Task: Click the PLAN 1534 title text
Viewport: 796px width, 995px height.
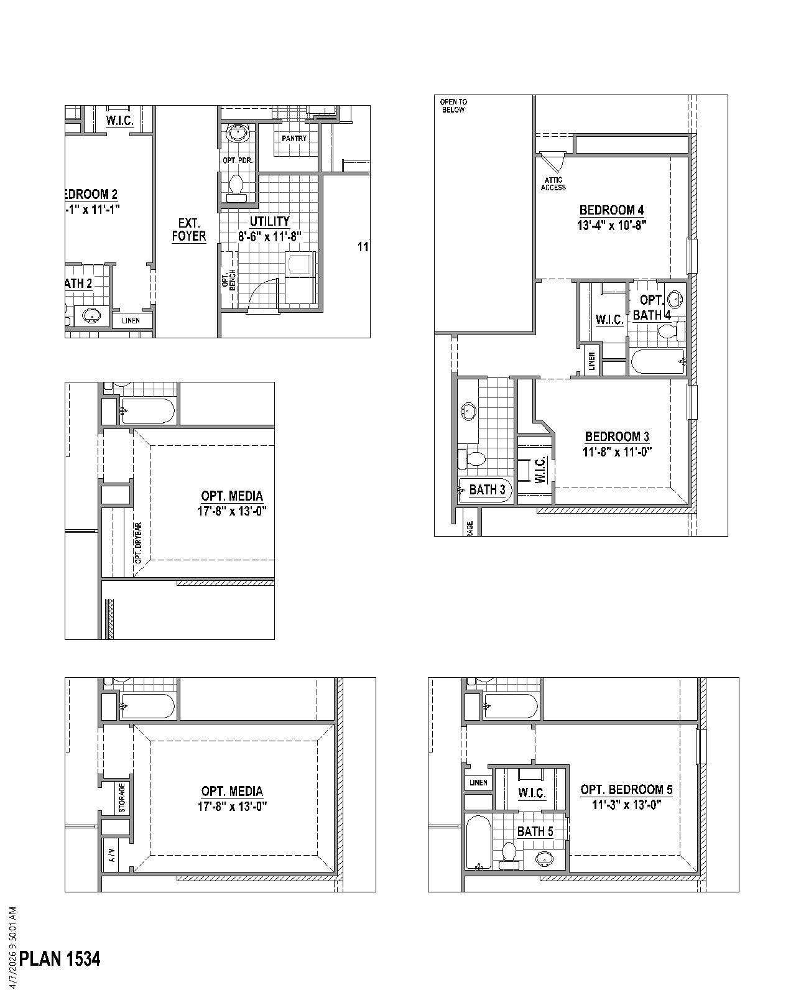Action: tap(60, 958)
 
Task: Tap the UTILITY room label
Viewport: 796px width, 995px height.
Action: tap(270, 221)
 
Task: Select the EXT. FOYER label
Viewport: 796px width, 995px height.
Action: tap(188, 229)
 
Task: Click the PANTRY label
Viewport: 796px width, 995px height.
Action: tap(294, 138)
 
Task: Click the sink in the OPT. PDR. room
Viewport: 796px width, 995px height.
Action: tap(238, 133)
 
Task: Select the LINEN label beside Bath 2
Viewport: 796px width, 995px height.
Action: tap(131, 321)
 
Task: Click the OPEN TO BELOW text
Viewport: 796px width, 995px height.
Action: tap(453, 106)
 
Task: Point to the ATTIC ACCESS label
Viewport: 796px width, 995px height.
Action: tap(553, 183)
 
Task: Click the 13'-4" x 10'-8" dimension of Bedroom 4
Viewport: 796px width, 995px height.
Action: tap(611, 225)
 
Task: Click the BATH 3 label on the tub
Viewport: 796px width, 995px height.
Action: tap(487, 489)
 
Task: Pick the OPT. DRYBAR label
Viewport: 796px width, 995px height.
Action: tap(138, 542)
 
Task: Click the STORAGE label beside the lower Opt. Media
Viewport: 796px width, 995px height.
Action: tap(122, 797)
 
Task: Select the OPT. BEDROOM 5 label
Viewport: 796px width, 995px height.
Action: tap(626, 790)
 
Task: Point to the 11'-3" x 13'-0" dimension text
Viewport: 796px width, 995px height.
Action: tap(626, 805)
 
